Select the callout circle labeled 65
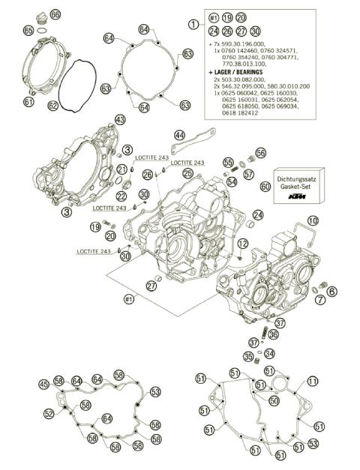(28, 31)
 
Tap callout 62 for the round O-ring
(52, 106)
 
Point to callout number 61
(28, 102)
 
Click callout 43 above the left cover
(119, 120)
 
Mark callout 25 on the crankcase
(187, 173)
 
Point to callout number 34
(269, 355)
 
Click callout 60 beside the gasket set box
(265, 186)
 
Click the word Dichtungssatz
(298, 172)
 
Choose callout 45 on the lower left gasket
(44, 385)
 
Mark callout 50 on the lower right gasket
(274, 401)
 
